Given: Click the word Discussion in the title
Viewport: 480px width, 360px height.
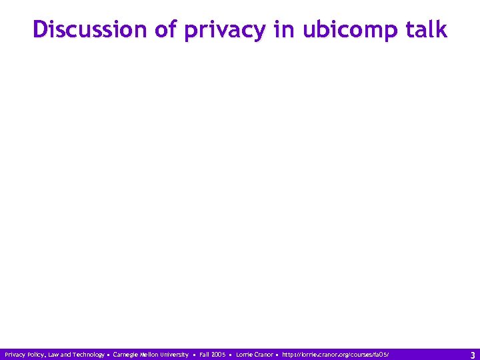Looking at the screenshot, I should pyautogui.click(x=79, y=29).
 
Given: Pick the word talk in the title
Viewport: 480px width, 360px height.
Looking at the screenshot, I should pyautogui.click(x=425, y=29).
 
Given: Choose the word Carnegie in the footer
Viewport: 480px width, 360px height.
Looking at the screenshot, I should pyautogui.click(x=126, y=355).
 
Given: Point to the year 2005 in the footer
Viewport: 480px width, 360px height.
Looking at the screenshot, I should pyautogui.click(x=219, y=355).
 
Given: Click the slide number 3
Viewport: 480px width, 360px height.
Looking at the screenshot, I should pyautogui.click(x=472, y=355).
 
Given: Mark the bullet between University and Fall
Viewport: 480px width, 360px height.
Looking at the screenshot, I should pyautogui.click(x=194, y=355).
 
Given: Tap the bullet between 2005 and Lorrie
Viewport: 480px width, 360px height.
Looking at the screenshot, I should pyautogui.click(x=231, y=355).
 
